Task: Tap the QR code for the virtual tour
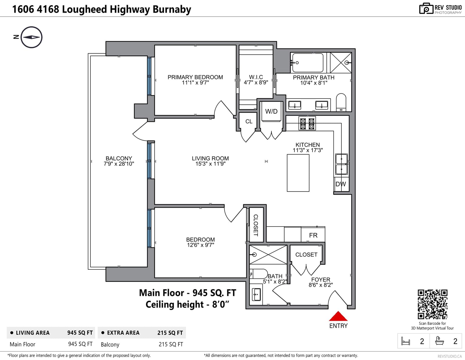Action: tap(432, 304)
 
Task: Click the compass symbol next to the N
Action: tap(31, 37)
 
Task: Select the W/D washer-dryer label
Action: tap(271, 111)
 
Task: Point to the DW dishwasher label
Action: tap(340, 184)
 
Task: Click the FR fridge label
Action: tap(313, 235)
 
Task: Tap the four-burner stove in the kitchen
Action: tap(307, 123)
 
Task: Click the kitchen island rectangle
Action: tap(298, 173)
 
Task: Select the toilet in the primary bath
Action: tap(341, 102)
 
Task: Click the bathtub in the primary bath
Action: tap(308, 63)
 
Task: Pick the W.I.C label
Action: tap(256, 77)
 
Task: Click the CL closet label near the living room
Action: tap(249, 121)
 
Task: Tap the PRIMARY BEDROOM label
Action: tap(195, 77)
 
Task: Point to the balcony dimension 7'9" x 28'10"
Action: tap(119, 164)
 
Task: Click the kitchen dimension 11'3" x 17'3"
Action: tap(308, 150)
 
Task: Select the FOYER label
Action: tap(321, 280)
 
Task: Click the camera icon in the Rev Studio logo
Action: tap(426, 8)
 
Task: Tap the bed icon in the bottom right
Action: tap(405, 341)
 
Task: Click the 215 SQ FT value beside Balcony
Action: tap(171, 344)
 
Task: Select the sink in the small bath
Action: tap(256, 294)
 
